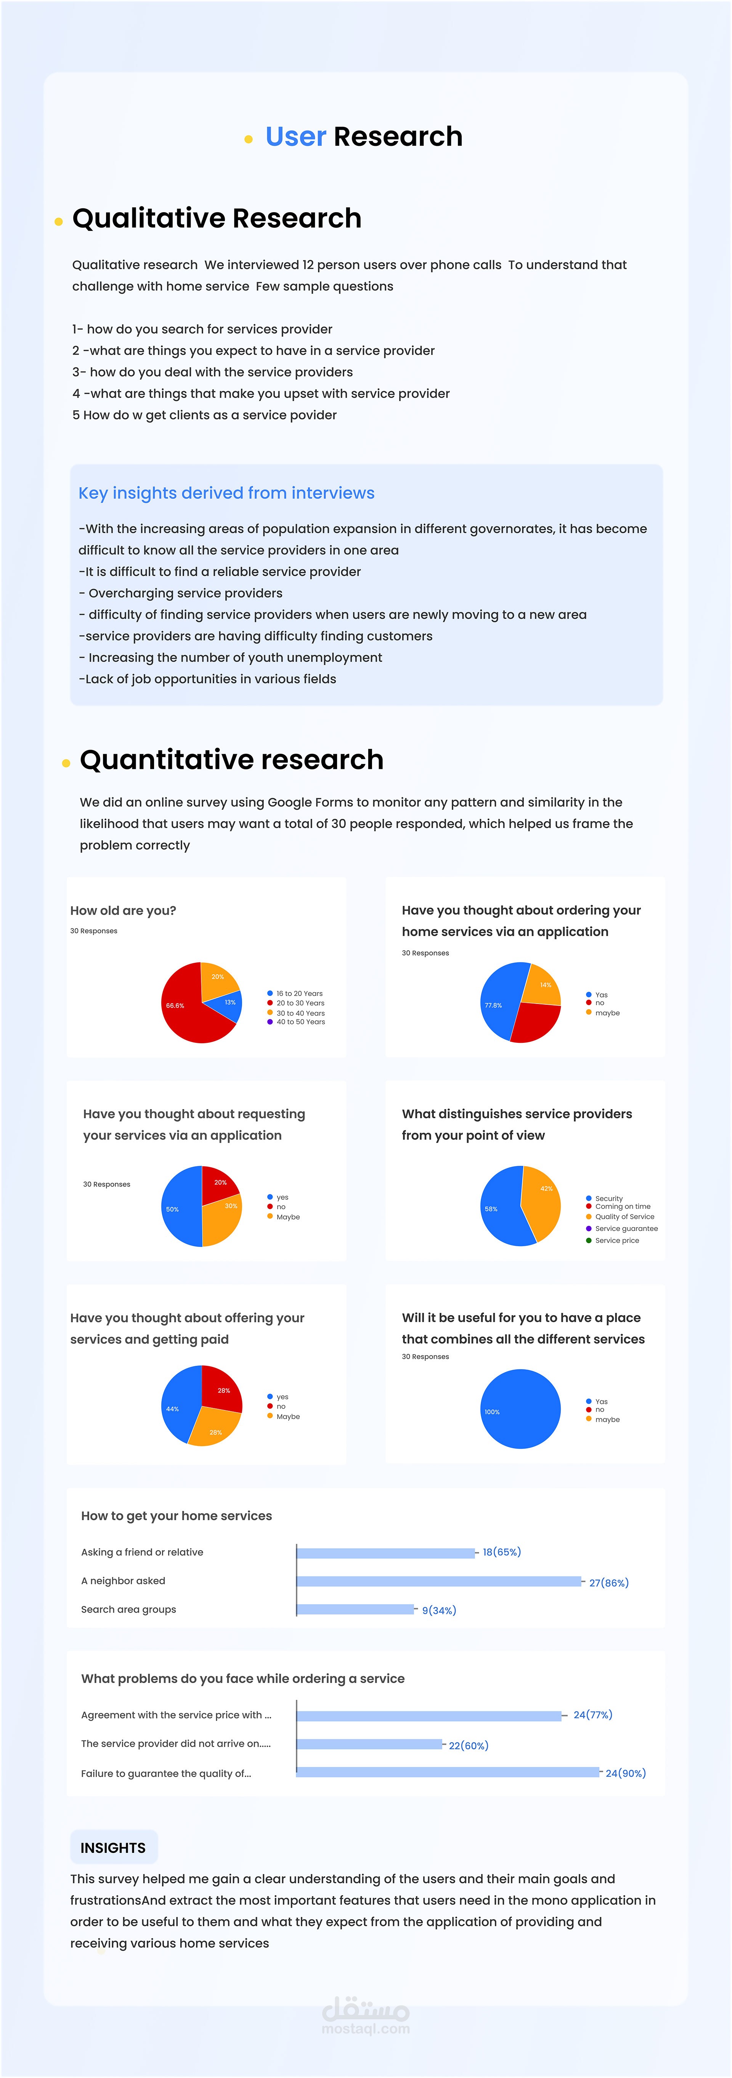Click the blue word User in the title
click(295, 137)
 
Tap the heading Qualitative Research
click(216, 219)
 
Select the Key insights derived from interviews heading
click(226, 493)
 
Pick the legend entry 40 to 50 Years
click(300, 1022)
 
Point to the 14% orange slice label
click(546, 985)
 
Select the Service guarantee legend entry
click(626, 1229)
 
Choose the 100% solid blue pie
click(520, 1408)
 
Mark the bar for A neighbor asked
click(438, 1581)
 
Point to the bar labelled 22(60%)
click(370, 1744)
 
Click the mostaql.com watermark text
click(366, 2029)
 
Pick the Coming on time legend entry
click(622, 1207)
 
